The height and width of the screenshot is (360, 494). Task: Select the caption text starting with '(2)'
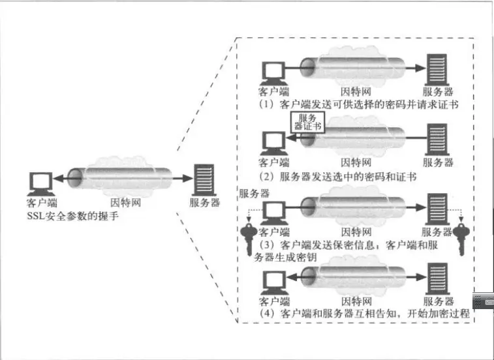point(338,176)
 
